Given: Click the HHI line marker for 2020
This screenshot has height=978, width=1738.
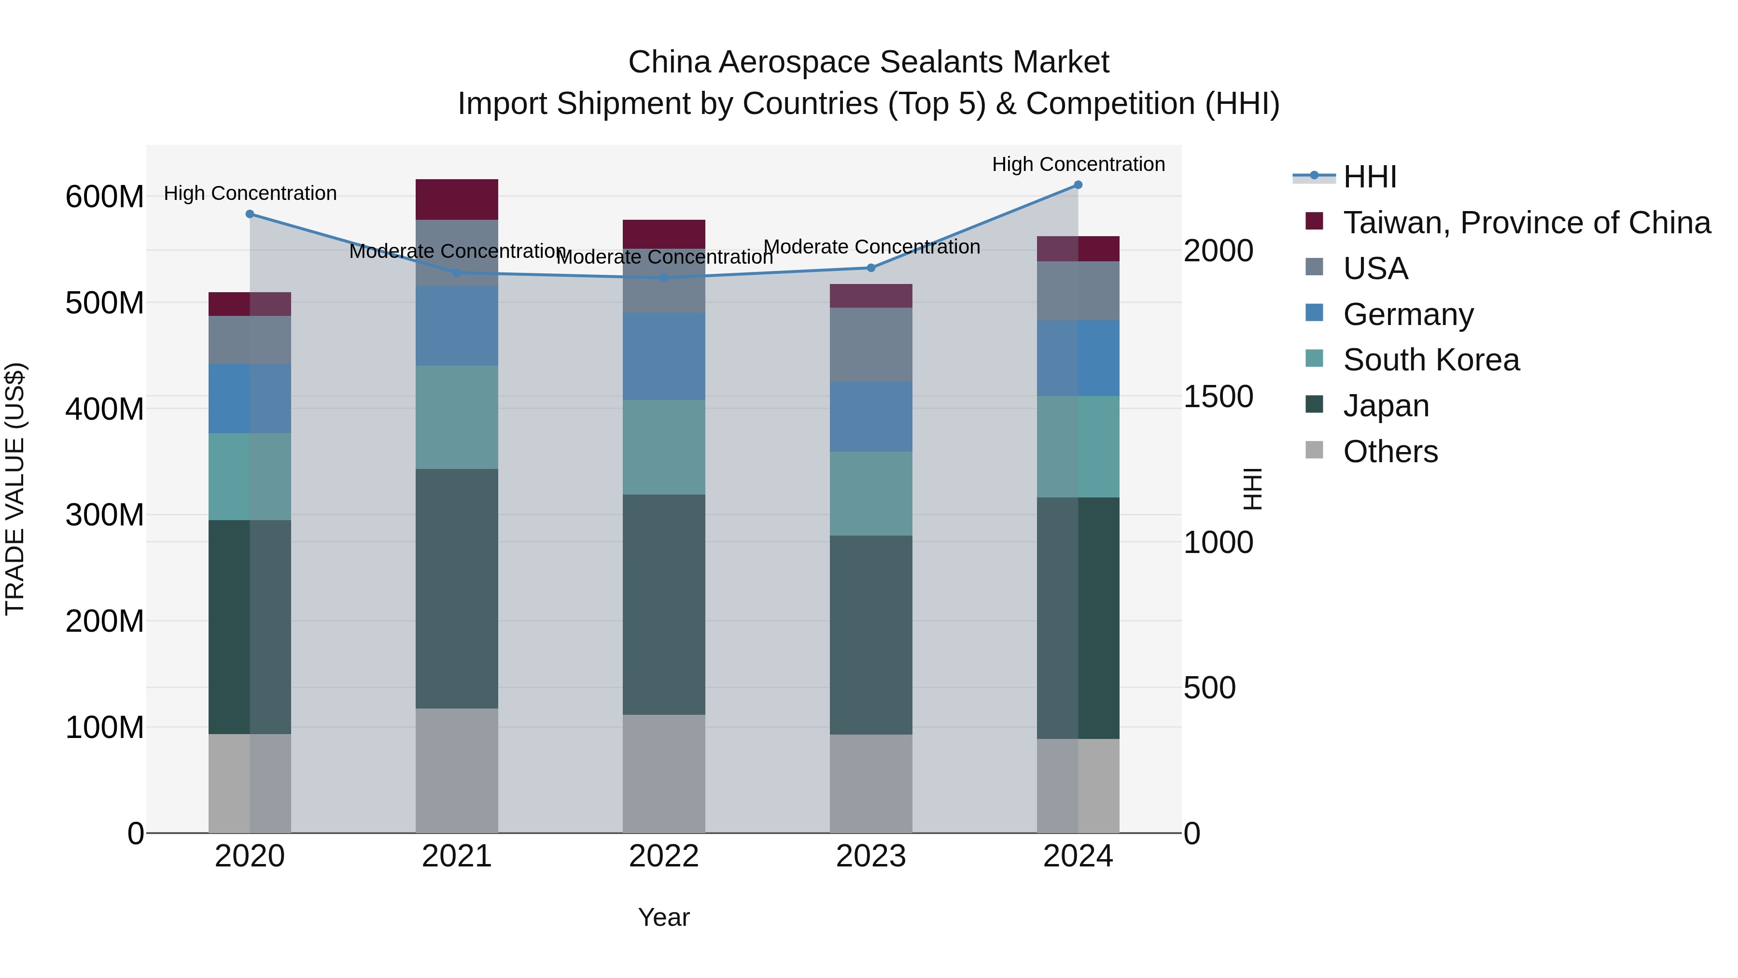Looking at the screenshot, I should (250, 214).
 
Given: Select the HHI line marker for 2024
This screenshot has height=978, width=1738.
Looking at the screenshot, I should (1078, 184).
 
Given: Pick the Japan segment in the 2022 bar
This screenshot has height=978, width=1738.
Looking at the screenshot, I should (663, 604).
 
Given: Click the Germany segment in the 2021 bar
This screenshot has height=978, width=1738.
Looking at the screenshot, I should (457, 326).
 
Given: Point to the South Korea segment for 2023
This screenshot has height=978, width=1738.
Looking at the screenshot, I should (870, 494).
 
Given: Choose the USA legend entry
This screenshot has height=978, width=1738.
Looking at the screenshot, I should (1375, 269).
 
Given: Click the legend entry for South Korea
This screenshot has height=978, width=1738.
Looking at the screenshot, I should (1430, 360).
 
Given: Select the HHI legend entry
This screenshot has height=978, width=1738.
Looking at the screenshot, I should (1370, 177).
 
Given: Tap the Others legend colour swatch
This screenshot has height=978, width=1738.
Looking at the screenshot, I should (1314, 450).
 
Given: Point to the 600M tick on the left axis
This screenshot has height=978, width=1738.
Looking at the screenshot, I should (105, 197).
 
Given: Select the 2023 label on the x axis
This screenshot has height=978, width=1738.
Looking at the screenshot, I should (870, 856).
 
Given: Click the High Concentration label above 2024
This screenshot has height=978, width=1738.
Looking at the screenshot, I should (1078, 164).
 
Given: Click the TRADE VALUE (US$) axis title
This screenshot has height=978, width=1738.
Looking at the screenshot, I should (15, 489).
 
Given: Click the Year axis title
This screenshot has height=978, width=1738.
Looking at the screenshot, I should (663, 917).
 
